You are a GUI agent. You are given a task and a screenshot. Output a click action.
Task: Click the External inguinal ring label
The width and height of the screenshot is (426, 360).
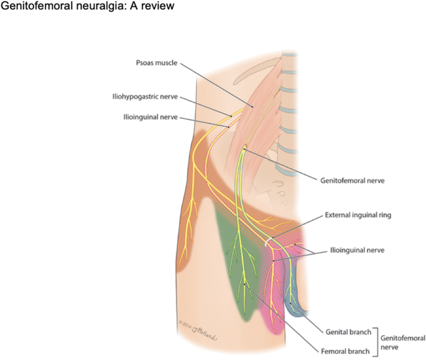coord(358,216)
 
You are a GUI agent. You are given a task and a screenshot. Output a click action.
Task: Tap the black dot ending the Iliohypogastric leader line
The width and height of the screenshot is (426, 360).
coord(231,115)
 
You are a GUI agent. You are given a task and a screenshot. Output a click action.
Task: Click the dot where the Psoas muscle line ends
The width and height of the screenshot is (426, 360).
coord(253,107)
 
